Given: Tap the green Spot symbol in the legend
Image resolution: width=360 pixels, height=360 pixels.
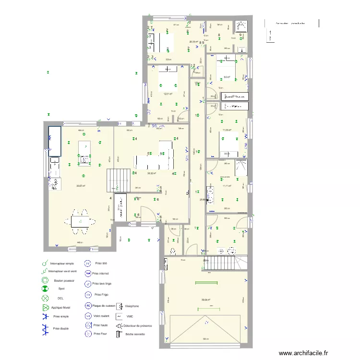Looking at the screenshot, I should point(44,289).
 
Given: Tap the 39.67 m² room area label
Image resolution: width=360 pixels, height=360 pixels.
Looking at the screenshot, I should point(81,186).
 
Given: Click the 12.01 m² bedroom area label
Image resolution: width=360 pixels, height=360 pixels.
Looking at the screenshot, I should point(168,94).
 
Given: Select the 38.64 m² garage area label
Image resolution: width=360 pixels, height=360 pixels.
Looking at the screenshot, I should point(205,300).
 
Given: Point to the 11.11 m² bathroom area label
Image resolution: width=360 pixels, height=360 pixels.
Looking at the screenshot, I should point(228,186).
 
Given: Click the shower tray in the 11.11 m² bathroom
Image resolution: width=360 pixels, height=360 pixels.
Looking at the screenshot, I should point(240,168).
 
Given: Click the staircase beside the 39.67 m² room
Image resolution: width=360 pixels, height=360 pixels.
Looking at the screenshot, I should point(118,180).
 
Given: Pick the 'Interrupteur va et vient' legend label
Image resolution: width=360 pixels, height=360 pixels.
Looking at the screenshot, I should point(63,272).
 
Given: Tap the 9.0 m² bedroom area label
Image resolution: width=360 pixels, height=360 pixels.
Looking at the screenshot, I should point(227,77).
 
